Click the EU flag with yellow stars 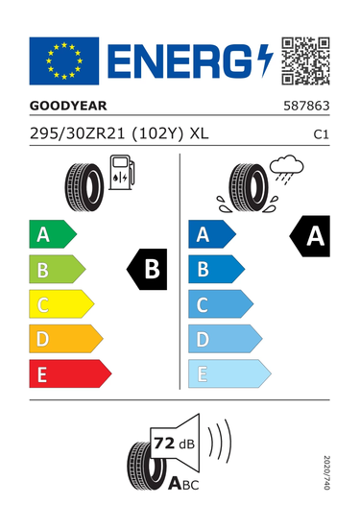pyautogui.click(x=64, y=60)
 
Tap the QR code pyautogui.click(x=305, y=60)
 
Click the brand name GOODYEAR pyautogui.click(x=68, y=106)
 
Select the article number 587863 pyautogui.click(x=306, y=106)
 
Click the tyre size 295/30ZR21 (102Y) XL pyautogui.click(x=119, y=134)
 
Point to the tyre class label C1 pyautogui.click(x=321, y=134)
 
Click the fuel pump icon pyautogui.click(x=122, y=173)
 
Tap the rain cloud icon pyautogui.click(x=286, y=169)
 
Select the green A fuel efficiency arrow pyautogui.click(x=53, y=234)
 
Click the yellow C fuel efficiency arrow pyautogui.click(x=61, y=304)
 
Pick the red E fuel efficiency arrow pyautogui.click(x=70, y=373)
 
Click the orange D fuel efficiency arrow pyautogui.click(x=66, y=339)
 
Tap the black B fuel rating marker pyautogui.click(x=147, y=269)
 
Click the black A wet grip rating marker pyautogui.click(x=310, y=236)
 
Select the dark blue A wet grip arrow pyautogui.click(x=212, y=234)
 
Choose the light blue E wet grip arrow pyautogui.click(x=229, y=373)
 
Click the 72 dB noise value pyautogui.click(x=174, y=444)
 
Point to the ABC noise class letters pyautogui.click(x=183, y=484)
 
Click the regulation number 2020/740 pyautogui.click(x=326, y=472)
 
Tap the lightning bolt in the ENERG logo pyautogui.click(x=265, y=60)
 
